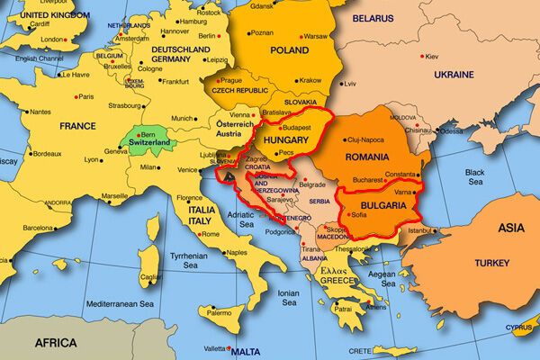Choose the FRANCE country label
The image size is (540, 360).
pos(79,127)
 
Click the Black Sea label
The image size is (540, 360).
pos(474,177)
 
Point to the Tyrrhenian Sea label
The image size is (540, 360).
pos(178,260)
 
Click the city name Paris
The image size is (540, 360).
pos(85,96)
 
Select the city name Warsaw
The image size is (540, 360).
pos(316,36)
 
